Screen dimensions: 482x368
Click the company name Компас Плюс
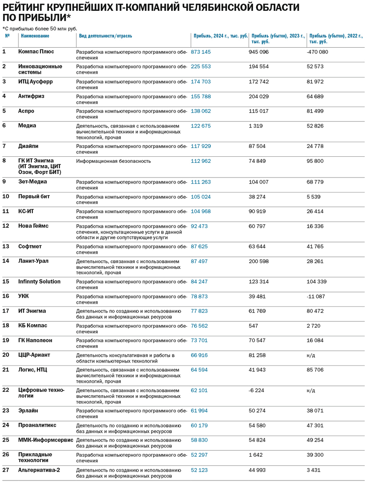point(36,51)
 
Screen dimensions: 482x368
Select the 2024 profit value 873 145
point(201,52)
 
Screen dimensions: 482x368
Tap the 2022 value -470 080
point(317,52)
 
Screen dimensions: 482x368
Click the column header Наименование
point(35,36)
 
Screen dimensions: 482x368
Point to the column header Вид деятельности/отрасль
point(105,36)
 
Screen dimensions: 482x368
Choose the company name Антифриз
point(31,96)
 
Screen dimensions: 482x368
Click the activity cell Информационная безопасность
point(113,161)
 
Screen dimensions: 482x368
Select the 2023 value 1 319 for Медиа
point(256,126)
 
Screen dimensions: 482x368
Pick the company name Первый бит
point(34,197)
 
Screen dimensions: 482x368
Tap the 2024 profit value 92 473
point(199,226)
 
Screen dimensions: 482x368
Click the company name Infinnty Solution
point(39,282)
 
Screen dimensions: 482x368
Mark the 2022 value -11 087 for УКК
point(316,296)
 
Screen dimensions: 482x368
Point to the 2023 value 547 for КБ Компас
point(253,326)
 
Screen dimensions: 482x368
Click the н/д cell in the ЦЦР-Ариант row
point(311,356)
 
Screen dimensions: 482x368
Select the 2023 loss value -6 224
point(256,391)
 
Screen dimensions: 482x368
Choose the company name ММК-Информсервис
point(46,440)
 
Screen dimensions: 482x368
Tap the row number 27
point(6,470)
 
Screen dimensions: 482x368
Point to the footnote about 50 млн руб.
point(40,29)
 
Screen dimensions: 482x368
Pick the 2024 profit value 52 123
point(199,470)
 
